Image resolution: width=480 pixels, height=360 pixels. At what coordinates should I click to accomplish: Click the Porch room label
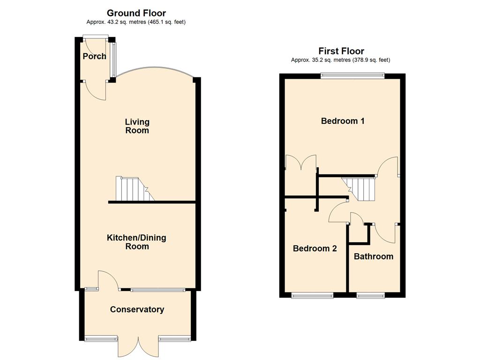(95, 56)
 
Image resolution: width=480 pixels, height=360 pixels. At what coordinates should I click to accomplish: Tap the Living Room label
(137, 126)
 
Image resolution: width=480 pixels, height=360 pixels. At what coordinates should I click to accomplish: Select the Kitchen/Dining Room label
(136, 242)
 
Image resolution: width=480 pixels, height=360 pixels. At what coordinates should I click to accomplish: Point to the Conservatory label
(137, 309)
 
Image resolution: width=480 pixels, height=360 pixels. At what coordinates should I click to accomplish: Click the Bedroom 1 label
(343, 121)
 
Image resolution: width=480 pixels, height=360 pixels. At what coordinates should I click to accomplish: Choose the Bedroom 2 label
(315, 248)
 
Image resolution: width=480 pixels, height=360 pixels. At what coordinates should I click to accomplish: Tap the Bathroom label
(374, 256)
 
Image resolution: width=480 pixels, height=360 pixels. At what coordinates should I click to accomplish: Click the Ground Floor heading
(136, 13)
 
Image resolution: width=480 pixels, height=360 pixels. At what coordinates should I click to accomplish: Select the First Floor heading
(341, 51)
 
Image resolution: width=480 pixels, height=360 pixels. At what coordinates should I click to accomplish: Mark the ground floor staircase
(135, 189)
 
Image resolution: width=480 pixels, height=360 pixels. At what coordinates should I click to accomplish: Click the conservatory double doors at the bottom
(139, 348)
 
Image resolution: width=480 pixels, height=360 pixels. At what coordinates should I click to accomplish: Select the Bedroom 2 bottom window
(312, 295)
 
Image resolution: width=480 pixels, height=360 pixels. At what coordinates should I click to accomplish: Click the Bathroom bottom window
(371, 295)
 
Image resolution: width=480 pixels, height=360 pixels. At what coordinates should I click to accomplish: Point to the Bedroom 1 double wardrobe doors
(301, 162)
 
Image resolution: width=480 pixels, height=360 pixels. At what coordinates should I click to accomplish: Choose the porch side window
(114, 60)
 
